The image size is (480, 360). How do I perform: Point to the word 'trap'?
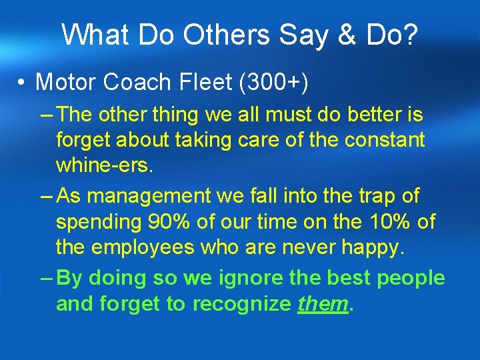point(375,196)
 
